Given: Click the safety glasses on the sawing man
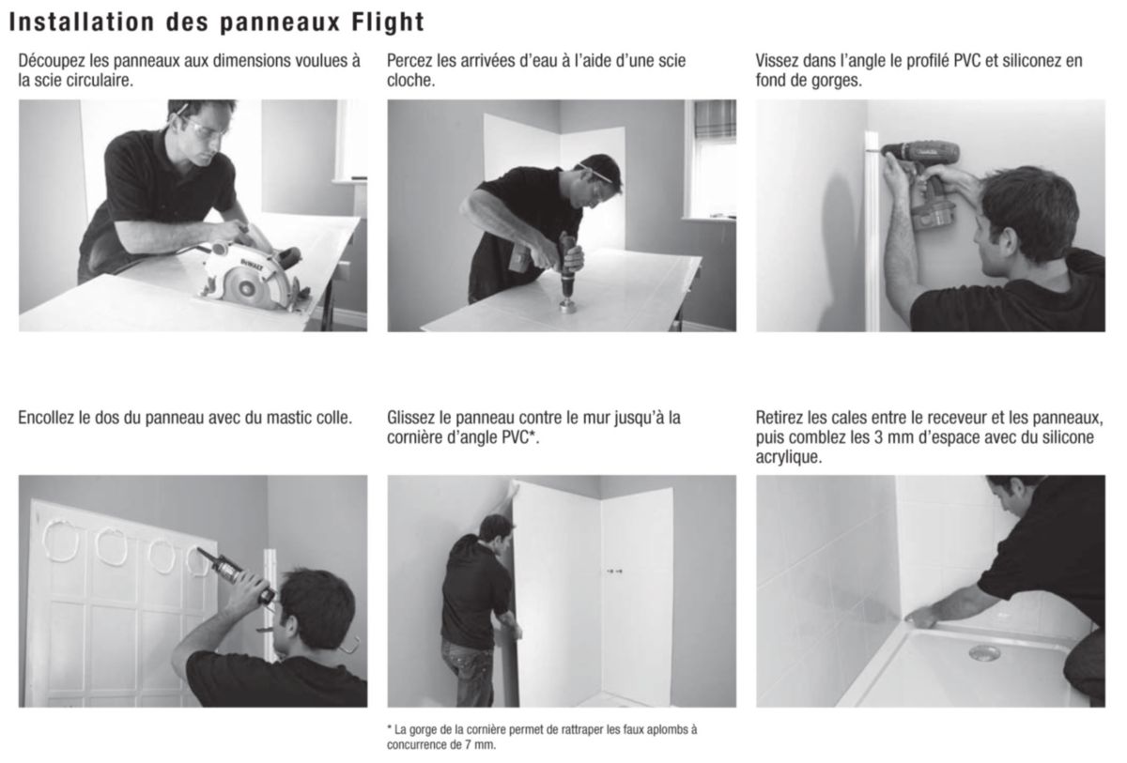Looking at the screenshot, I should (205, 124).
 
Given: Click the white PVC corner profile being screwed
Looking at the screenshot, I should (872, 235).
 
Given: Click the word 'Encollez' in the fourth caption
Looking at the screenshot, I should (49, 418).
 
